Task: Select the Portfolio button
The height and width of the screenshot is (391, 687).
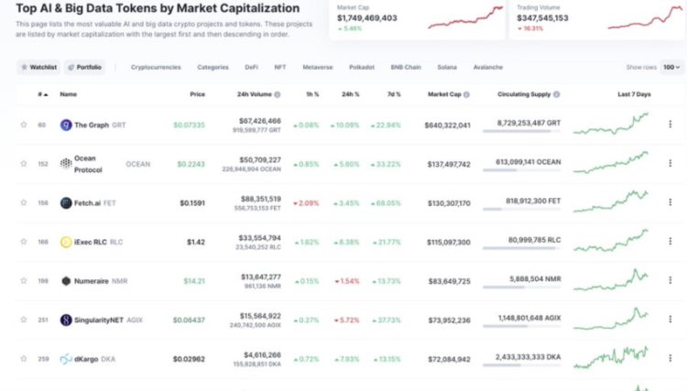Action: click(x=85, y=67)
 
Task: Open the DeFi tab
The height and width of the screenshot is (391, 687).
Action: click(x=251, y=67)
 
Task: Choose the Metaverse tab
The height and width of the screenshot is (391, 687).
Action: click(x=317, y=67)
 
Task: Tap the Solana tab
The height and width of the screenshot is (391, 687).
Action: click(x=447, y=67)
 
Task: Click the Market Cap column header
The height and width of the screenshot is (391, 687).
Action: click(x=449, y=93)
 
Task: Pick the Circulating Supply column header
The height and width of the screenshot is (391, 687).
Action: click(x=525, y=93)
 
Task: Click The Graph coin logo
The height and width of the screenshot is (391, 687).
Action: click(x=66, y=125)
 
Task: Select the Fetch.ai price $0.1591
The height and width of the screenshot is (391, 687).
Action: click(x=192, y=202)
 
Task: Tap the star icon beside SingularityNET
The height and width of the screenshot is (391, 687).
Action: click(x=24, y=320)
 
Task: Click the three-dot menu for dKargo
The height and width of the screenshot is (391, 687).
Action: click(x=670, y=359)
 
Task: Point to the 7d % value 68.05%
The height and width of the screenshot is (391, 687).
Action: click(x=387, y=202)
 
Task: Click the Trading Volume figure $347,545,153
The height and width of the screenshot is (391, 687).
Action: click(x=542, y=17)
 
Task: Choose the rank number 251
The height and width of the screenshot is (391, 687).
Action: click(x=42, y=320)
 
